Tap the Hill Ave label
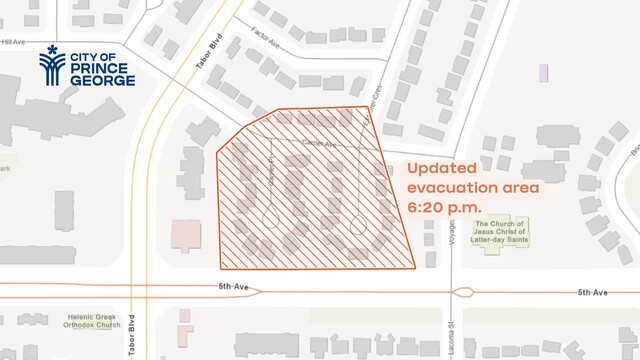click(x=14, y=42)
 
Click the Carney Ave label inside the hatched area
click(x=318, y=144)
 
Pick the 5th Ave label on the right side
click(x=592, y=292)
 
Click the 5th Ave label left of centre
click(x=234, y=288)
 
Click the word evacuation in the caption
click(x=452, y=187)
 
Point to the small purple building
click(x=544, y=72)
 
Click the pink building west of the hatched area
click(x=186, y=236)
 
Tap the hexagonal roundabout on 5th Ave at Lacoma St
click(x=462, y=293)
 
